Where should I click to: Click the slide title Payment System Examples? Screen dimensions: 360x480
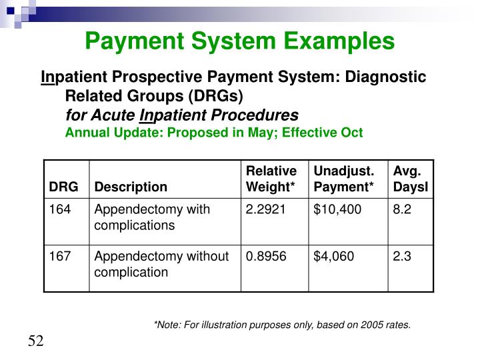(x=240, y=41)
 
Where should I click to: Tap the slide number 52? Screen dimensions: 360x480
(x=35, y=342)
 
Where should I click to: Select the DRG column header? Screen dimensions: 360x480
(x=63, y=187)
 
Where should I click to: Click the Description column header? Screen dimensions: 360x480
(x=131, y=187)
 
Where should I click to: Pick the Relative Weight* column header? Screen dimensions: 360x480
(x=271, y=179)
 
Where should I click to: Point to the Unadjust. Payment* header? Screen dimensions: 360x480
(x=343, y=179)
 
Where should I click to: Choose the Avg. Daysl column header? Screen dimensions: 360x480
(x=410, y=179)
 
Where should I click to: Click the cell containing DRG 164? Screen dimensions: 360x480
(x=59, y=209)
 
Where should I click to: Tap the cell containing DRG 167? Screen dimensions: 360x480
(x=59, y=256)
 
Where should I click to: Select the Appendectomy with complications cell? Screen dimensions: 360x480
(x=152, y=217)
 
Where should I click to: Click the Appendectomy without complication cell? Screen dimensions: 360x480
(x=161, y=264)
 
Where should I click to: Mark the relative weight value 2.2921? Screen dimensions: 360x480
(x=265, y=209)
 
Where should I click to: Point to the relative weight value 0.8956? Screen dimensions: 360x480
(x=265, y=256)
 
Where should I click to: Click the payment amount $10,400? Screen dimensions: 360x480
(x=337, y=209)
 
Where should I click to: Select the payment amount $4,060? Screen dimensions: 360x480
(x=335, y=256)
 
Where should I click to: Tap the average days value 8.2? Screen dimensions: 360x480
(x=402, y=209)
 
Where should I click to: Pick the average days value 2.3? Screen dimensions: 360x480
(x=402, y=256)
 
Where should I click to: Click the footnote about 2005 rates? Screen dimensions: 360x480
(x=282, y=325)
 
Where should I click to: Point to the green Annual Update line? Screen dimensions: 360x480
(x=213, y=132)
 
